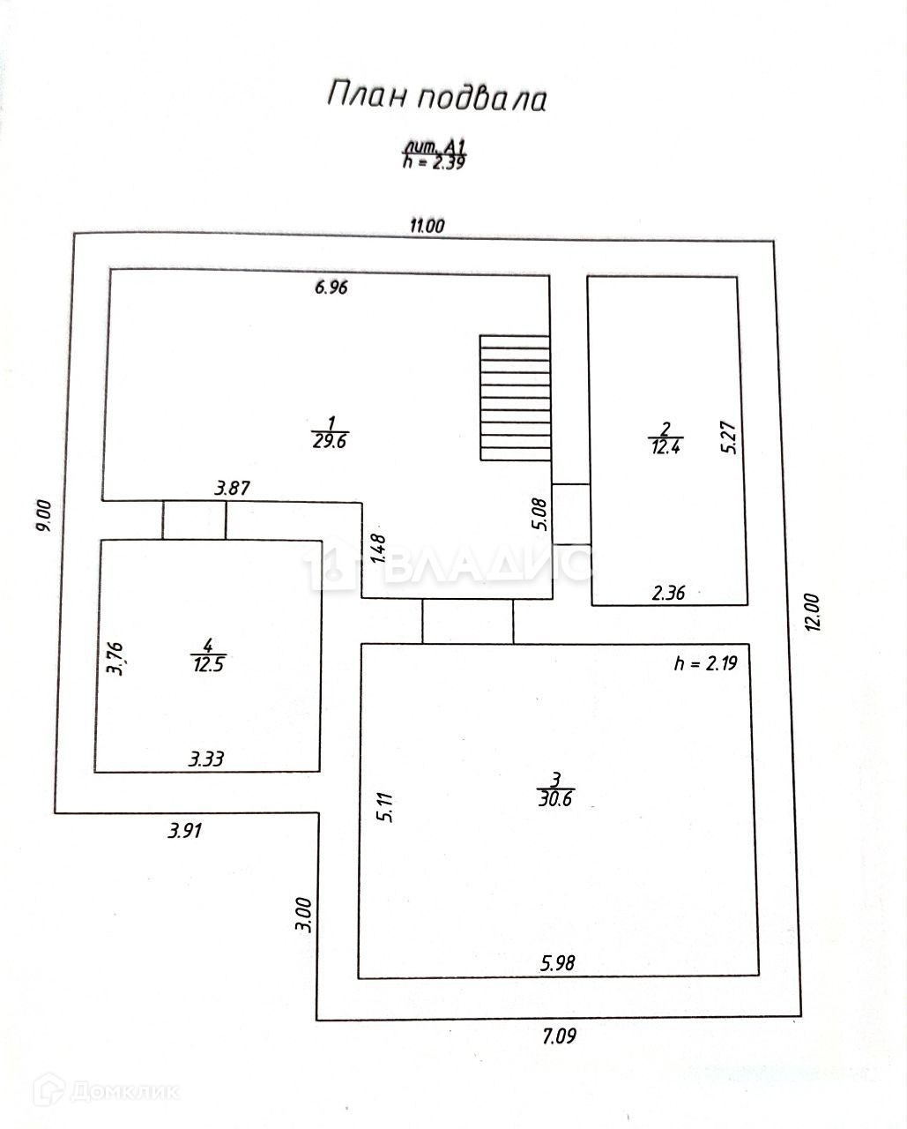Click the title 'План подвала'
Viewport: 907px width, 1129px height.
pyautogui.click(x=437, y=96)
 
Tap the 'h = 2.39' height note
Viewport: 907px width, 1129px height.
pyautogui.click(x=434, y=161)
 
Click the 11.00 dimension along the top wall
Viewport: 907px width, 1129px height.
pyautogui.click(x=427, y=226)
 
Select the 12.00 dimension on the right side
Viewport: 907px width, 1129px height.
pyautogui.click(x=812, y=611)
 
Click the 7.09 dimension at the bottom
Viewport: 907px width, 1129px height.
pyautogui.click(x=558, y=1036)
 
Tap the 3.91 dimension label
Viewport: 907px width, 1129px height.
pyautogui.click(x=185, y=829)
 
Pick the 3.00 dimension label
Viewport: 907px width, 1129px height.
pyautogui.click(x=303, y=915)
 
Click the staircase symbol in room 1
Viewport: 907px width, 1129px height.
pyautogui.click(x=515, y=397)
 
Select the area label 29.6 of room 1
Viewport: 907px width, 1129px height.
pyautogui.click(x=330, y=440)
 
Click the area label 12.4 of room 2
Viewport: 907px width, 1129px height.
pyautogui.click(x=665, y=445)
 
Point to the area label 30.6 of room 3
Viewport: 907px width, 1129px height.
pyautogui.click(x=555, y=798)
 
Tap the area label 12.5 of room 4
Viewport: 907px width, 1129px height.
pyautogui.click(x=209, y=663)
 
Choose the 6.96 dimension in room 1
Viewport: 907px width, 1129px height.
pyautogui.click(x=331, y=287)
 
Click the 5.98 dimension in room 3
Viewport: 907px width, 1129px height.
pyautogui.click(x=557, y=962)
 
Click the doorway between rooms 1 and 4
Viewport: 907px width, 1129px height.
pyautogui.click(x=194, y=520)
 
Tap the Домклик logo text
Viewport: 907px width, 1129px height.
pyautogui.click(x=123, y=1092)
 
